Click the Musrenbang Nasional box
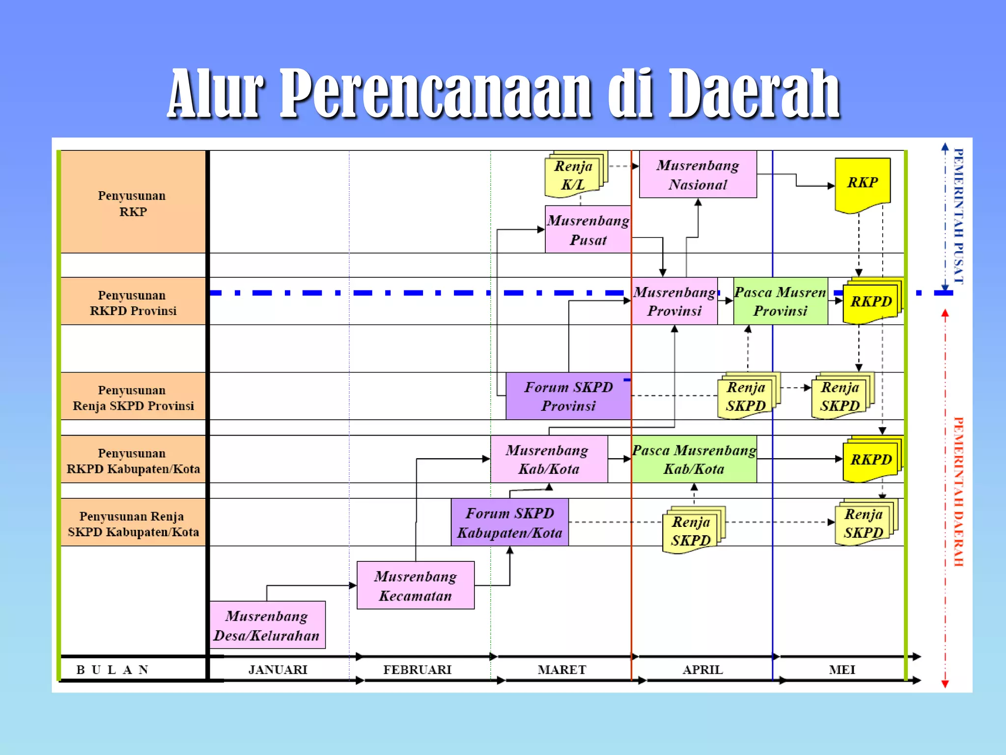pos(698,174)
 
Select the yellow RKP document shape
pos(863,183)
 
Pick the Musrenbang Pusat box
pos(588,230)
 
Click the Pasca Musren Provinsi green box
pos(780,301)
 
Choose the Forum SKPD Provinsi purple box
pos(568,396)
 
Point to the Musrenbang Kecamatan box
pos(416,585)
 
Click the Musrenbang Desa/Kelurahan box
pos(267,625)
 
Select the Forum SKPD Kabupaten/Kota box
pos(510,523)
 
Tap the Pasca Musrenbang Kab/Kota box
pos(694,459)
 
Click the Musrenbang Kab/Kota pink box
pos(549,459)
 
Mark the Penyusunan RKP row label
pos(133,203)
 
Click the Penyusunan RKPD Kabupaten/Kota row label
pos(133,461)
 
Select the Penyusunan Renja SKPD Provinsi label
pos(133,397)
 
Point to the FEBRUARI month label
pos(417,669)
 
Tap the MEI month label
pos(842,669)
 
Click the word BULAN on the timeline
pos(112,669)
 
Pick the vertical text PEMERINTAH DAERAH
pos(958,492)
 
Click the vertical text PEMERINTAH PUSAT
pos(958,216)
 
